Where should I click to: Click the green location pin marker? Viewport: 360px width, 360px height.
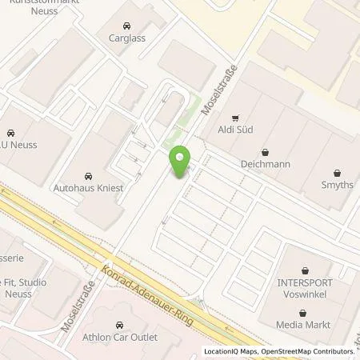[180, 163]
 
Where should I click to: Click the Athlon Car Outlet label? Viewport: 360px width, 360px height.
[120, 336]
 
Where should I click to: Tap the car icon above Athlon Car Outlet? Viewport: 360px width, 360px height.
[120, 324]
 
